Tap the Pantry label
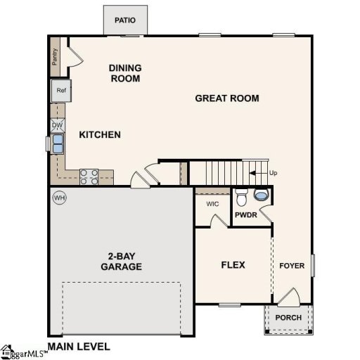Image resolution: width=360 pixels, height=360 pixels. click(x=56, y=56)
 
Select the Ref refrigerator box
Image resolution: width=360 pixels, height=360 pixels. click(x=60, y=91)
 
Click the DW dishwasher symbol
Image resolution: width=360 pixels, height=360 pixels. click(x=58, y=125)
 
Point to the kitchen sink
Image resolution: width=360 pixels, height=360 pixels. click(x=56, y=143)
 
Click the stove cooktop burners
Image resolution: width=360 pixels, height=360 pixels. click(x=89, y=176)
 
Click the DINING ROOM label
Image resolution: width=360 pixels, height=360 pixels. click(x=125, y=73)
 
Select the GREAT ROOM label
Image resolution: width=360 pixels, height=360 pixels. click(x=226, y=98)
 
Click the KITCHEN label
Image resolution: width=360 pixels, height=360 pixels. click(x=100, y=135)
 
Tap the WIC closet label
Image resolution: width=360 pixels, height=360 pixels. click(x=213, y=205)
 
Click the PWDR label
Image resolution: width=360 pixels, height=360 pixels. click(x=245, y=214)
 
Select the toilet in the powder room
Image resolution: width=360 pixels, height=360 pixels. click(x=240, y=195)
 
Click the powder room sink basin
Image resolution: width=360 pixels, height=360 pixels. click(x=262, y=195)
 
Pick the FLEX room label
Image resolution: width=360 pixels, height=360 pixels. click(x=233, y=265)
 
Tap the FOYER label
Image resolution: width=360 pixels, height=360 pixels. click(x=291, y=266)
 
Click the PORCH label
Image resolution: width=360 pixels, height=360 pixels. click(x=288, y=317)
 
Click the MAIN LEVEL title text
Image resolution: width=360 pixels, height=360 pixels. click(x=78, y=347)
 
